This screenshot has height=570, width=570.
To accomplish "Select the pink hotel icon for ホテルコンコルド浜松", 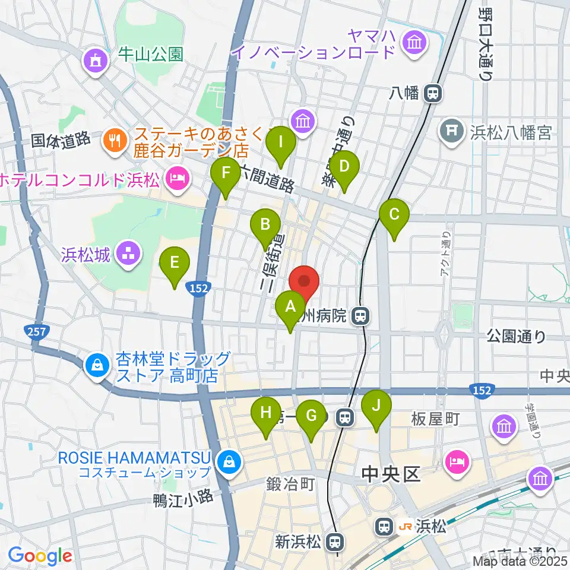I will click(x=178, y=177).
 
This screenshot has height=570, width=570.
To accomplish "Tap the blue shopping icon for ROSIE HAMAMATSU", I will click(x=227, y=460).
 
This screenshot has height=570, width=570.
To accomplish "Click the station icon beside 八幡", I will click(x=434, y=93).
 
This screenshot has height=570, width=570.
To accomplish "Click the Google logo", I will click(x=40, y=556).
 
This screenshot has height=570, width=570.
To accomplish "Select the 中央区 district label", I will click(x=391, y=473).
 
